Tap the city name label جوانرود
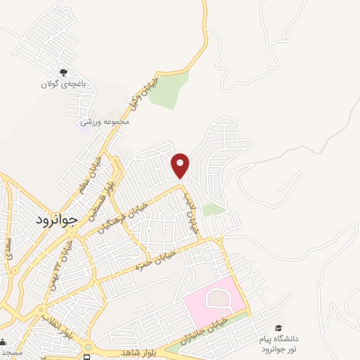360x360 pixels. tap(60, 219)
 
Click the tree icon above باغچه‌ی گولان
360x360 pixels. tap(63, 72)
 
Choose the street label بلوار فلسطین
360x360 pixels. tap(102, 199)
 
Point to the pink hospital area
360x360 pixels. tap(214, 300)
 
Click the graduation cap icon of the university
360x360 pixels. tap(278, 328)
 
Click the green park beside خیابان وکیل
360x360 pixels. tap(172, 90)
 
